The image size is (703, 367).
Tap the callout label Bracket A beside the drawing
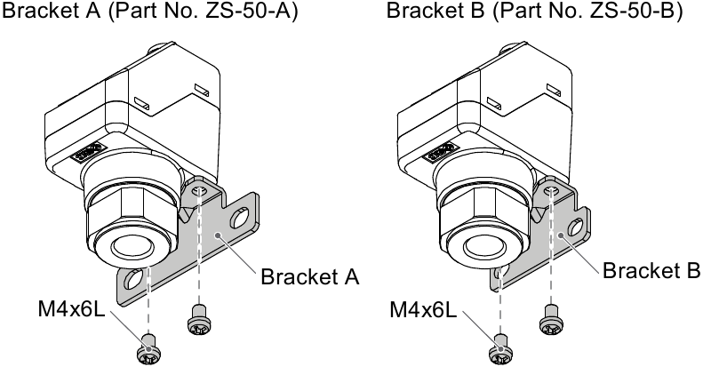tap(309, 277)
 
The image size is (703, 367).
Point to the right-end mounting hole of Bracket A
tap(240, 215)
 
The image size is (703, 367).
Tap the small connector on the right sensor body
tap(442, 153)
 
